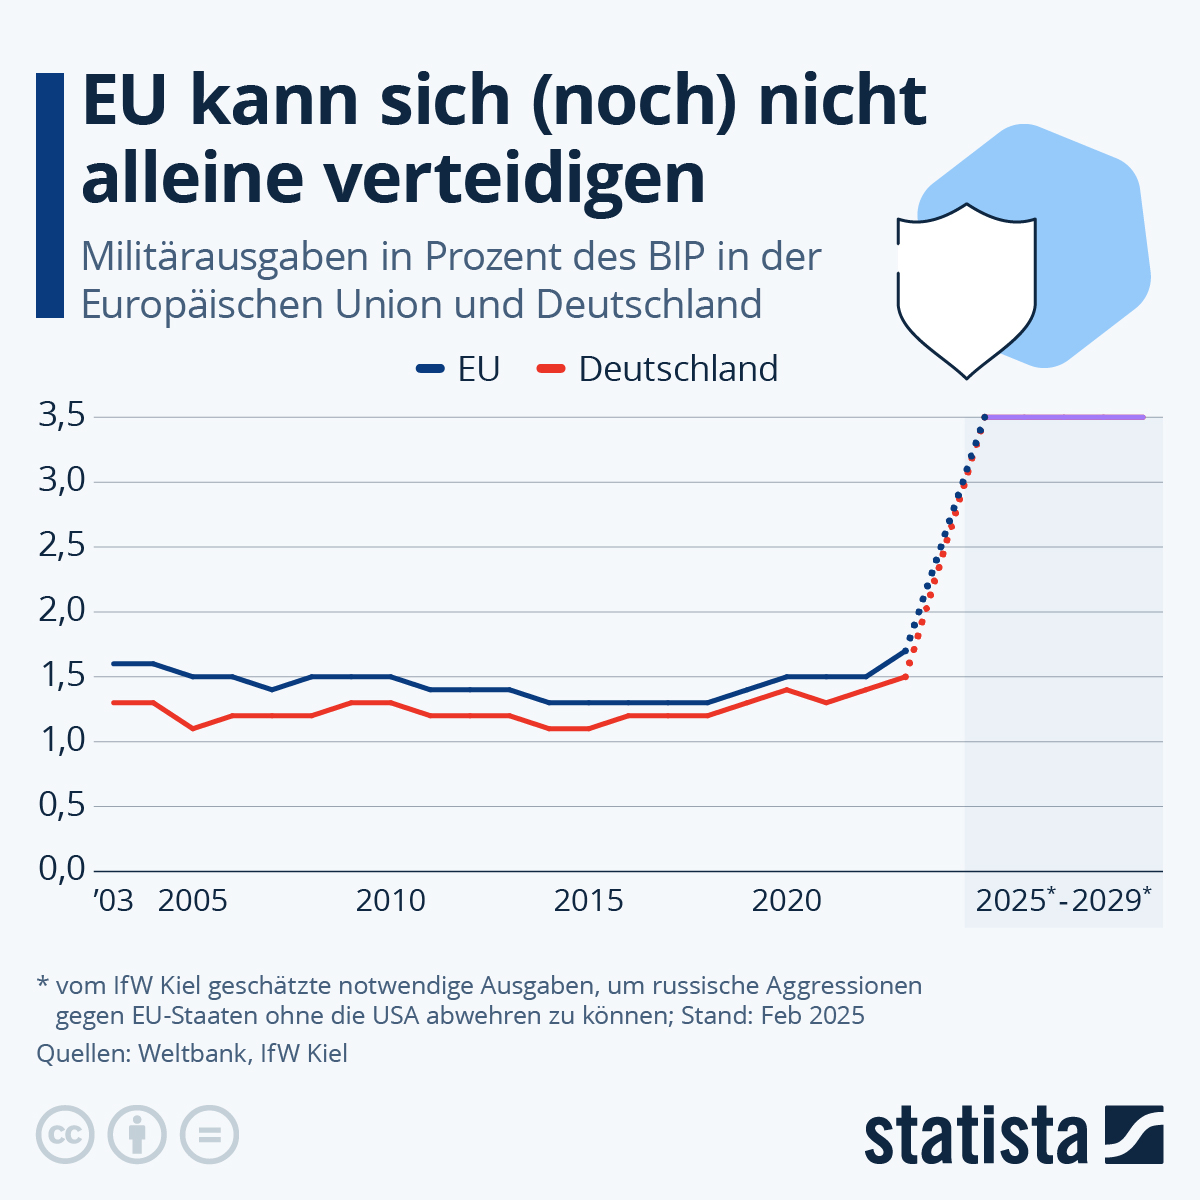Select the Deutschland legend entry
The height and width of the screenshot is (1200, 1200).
point(658,369)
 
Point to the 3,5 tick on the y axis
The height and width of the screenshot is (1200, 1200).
point(63,417)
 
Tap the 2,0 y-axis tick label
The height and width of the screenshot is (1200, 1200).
point(63,612)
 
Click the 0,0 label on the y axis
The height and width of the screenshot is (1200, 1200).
point(63,870)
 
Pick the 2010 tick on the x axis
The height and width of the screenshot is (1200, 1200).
point(390,901)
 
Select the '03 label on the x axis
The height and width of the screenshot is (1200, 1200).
point(113,901)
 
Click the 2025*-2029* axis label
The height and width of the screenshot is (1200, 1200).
point(1063,900)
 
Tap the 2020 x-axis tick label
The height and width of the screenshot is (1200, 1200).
point(786,901)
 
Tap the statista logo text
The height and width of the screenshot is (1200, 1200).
point(976,1136)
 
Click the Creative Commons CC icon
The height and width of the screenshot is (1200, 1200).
point(65,1136)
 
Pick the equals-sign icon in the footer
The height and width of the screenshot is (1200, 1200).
point(210,1136)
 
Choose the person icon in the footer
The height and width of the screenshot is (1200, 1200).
point(137,1136)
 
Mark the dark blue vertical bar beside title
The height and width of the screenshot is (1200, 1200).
point(49,195)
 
